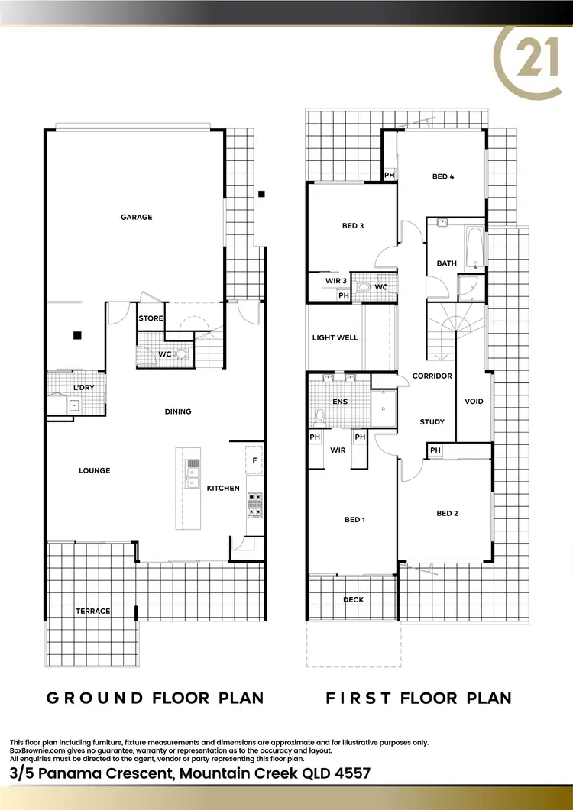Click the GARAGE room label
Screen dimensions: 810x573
click(x=137, y=217)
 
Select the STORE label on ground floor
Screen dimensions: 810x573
click(x=151, y=318)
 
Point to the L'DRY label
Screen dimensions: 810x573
click(x=84, y=388)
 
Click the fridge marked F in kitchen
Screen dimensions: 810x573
click(x=254, y=460)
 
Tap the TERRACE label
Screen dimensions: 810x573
click(x=93, y=611)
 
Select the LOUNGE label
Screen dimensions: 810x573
click(x=95, y=470)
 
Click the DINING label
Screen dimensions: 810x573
click(x=178, y=411)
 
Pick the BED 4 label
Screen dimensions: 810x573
click(x=443, y=176)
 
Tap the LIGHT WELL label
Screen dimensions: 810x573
click(x=335, y=337)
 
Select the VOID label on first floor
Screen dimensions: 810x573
click(x=474, y=401)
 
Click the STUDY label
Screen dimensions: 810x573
click(x=432, y=422)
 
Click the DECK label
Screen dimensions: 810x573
click(x=354, y=599)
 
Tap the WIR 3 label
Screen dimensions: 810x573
click(x=336, y=281)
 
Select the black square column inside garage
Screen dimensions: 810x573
click(x=76, y=334)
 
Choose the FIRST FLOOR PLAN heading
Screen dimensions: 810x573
click(x=419, y=698)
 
